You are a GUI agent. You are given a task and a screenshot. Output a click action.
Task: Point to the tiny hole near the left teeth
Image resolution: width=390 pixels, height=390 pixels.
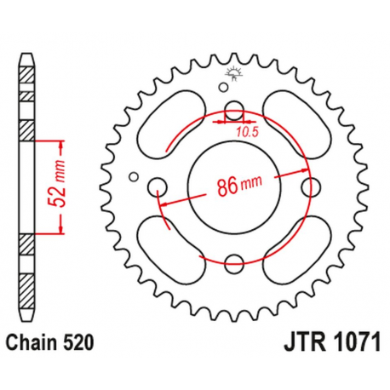click(x=133, y=177)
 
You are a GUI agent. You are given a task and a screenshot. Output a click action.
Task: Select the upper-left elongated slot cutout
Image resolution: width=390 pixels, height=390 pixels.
click(x=174, y=127)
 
